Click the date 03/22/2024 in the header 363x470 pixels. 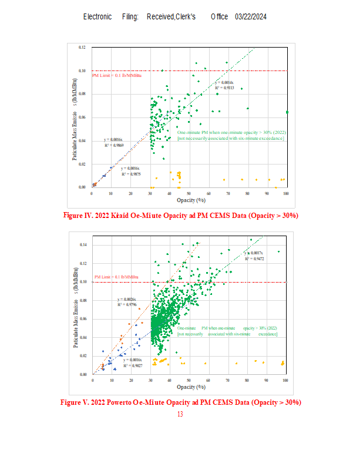point(251,16)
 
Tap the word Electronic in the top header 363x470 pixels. point(98,16)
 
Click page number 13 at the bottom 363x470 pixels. point(180,414)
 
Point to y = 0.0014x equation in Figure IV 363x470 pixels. point(224,83)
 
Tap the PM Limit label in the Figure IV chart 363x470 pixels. point(117,75)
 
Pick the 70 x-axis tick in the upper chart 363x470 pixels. point(228,193)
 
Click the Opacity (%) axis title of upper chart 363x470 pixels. point(188,200)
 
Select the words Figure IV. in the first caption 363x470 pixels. point(76,216)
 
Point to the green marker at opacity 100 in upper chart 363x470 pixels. point(287,112)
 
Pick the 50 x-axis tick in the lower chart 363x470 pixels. point(189,380)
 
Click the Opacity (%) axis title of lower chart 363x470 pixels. point(189,387)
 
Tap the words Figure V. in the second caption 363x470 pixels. point(73,402)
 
